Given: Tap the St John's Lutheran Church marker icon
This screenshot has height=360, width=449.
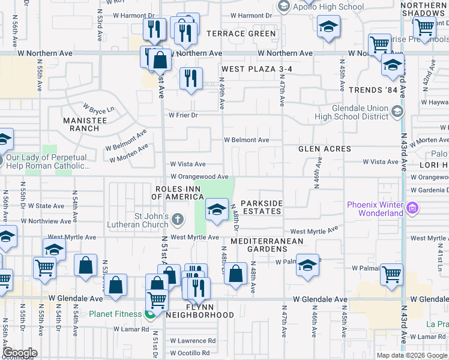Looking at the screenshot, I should [x=177, y=219].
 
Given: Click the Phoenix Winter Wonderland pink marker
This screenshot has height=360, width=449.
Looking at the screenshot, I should [x=412, y=209].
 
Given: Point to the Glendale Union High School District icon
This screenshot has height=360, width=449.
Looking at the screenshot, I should [x=397, y=112].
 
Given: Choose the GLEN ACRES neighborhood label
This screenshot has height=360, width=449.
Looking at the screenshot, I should [x=325, y=148].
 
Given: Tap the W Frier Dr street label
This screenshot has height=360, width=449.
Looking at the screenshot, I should [x=183, y=115].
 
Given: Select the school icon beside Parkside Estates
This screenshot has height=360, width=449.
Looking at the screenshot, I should [x=217, y=210].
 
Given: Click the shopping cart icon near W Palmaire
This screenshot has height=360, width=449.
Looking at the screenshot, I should [x=391, y=274].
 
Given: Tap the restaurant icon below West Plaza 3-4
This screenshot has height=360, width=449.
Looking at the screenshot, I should [x=191, y=78].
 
